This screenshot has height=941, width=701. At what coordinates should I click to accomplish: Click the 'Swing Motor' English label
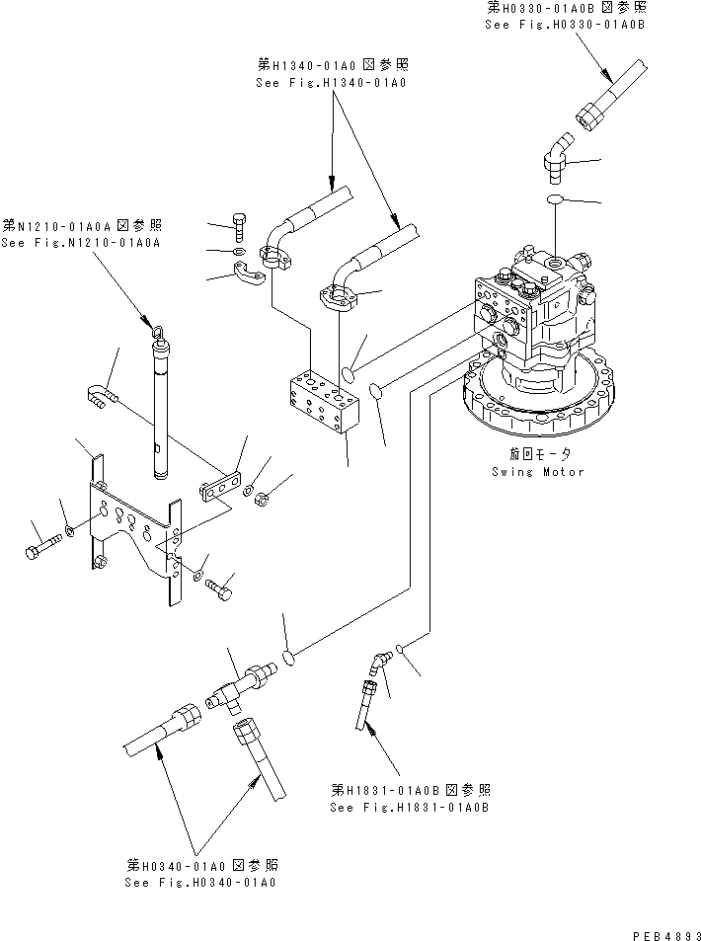[x=537, y=471]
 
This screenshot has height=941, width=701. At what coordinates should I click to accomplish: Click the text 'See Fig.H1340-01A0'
[x=330, y=83]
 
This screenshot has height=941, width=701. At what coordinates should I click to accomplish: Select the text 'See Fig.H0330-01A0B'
[x=564, y=23]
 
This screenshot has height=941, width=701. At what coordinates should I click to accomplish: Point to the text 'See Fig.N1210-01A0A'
[x=81, y=242]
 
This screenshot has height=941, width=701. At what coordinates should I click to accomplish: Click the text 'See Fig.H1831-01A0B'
[x=411, y=807]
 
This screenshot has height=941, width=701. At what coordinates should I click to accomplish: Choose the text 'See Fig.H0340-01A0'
[x=200, y=881]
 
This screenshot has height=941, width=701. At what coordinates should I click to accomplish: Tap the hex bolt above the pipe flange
[x=238, y=226]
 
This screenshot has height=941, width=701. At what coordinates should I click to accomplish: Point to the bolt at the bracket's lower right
[x=222, y=590]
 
